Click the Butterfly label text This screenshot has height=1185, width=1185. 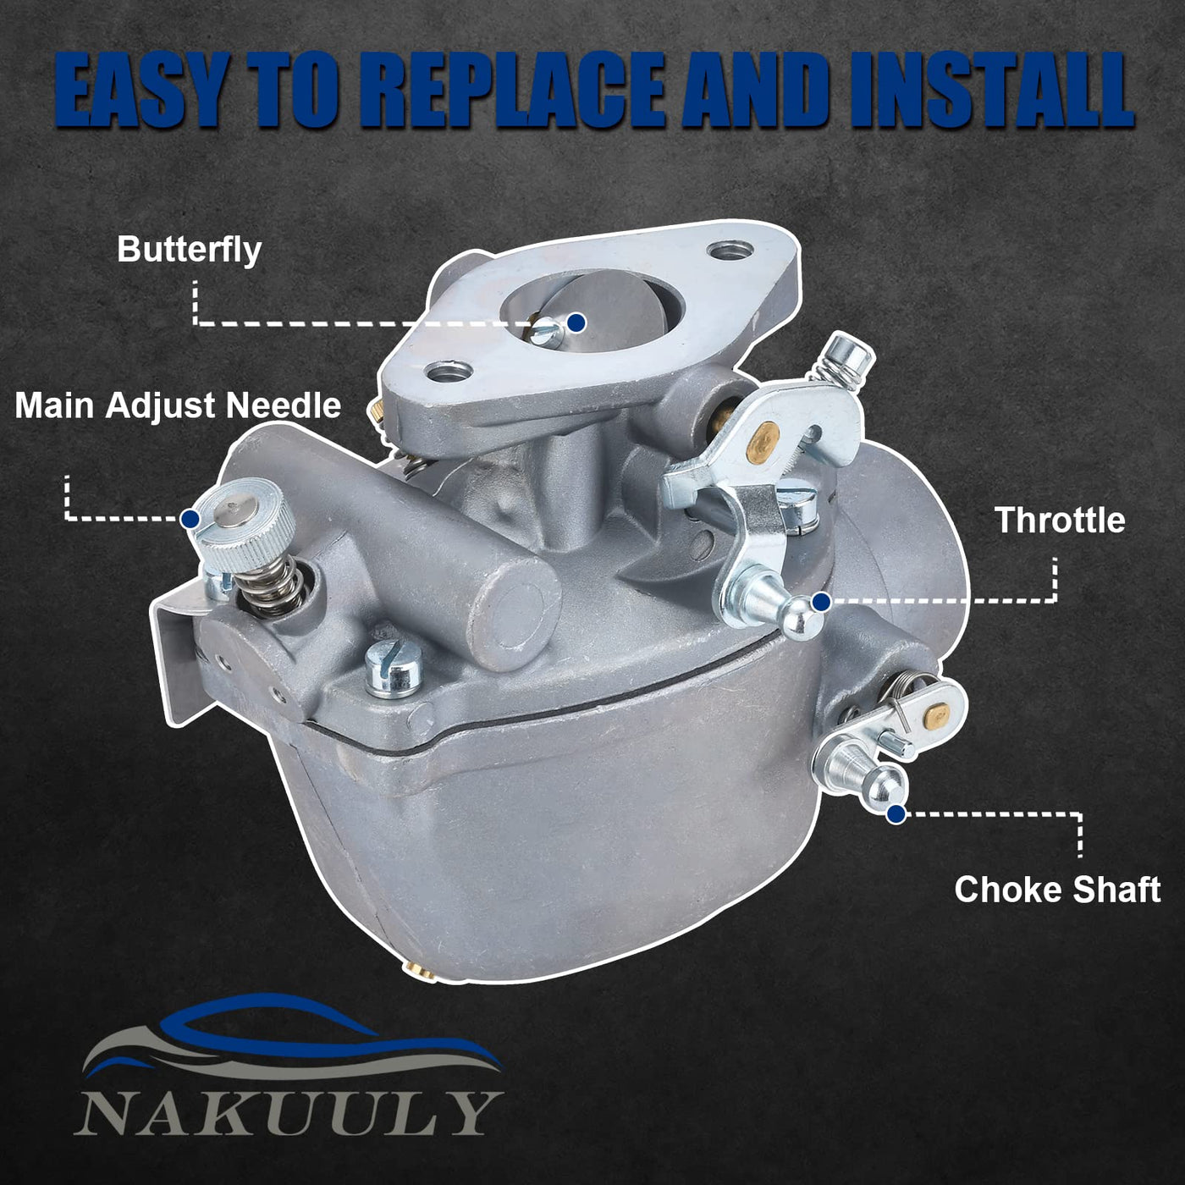190,251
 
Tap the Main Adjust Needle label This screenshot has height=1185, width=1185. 178,406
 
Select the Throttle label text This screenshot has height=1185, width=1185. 1061,521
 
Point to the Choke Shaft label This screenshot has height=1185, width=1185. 1057,890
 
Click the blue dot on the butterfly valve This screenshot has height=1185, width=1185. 576,322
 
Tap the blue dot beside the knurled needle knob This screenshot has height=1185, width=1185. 190,518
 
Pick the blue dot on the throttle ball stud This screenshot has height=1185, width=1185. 822,602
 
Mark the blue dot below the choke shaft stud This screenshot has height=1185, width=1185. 896,814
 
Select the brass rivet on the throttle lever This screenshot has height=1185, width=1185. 763,439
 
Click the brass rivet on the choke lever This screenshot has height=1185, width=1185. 937,714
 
